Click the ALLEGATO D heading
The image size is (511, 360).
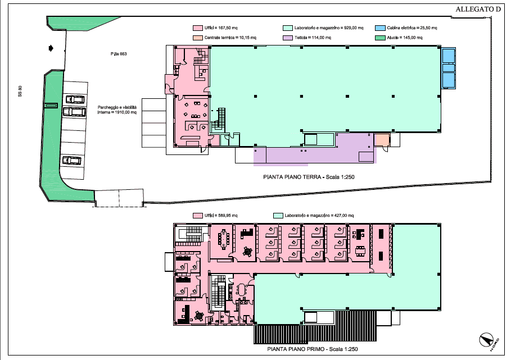[477, 10]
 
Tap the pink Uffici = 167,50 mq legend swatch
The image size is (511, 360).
[197, 28]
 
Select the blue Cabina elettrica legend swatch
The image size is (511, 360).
[381, 28]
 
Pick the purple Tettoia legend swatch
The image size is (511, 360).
[287, 38]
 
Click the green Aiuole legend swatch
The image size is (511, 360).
[381, 38]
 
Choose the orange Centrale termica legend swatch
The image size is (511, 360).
[197, 38]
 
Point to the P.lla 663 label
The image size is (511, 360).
[119, 54]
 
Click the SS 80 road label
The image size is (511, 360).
[20, 91]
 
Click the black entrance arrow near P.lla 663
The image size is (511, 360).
[52, 49]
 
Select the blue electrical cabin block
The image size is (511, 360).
[448, 68]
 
